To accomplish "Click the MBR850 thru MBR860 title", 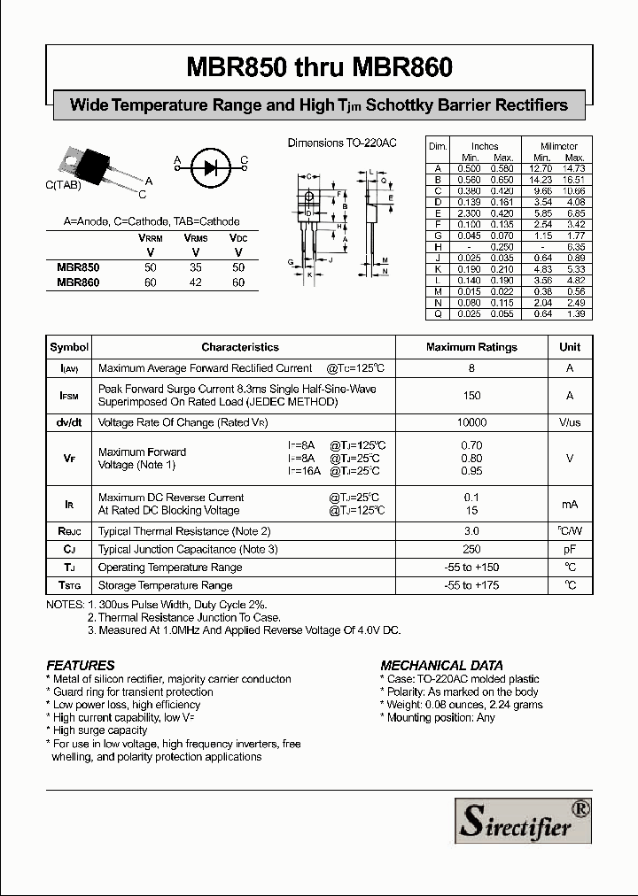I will (319, 67).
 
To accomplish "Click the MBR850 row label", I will (78, 266).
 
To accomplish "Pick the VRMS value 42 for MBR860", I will (195, 282).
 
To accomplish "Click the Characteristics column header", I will (239, 348).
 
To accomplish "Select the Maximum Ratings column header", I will (471, 348).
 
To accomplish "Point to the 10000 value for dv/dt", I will (471, 423).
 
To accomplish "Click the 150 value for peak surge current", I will (471, 396).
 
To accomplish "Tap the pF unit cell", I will (570, 550).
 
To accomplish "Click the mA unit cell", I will (570, 504).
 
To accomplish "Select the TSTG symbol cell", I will (69, 585).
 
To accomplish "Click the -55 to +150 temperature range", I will (471, 568).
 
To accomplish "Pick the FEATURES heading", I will (81, 665).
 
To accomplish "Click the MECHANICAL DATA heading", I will (441, 665).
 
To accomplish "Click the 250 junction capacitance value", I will (471, 550).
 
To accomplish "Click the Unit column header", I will (570, 348).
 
